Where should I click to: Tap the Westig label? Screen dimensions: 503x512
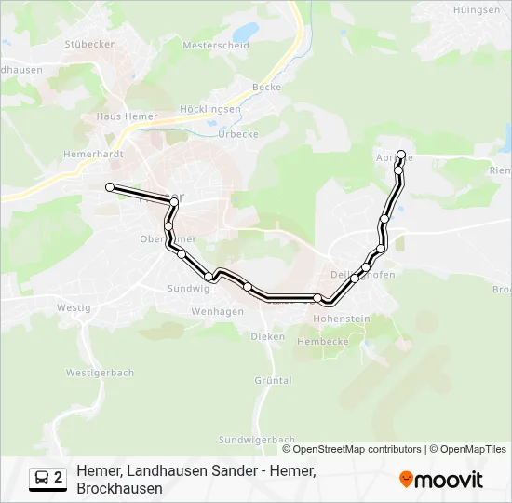click(74, 306)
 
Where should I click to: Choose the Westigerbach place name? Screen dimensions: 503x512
click(100, 373)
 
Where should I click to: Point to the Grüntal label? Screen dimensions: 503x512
click(273, 380)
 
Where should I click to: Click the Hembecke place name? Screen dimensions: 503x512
click(322, 342)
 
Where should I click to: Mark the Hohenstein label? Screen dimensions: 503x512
click(342, 319)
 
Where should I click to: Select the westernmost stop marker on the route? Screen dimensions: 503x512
click(110, 187)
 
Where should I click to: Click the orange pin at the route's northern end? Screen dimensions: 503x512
click(402, 155)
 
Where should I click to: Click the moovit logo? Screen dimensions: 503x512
click(441, 480)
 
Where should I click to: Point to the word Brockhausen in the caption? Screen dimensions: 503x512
click(119, 488)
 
